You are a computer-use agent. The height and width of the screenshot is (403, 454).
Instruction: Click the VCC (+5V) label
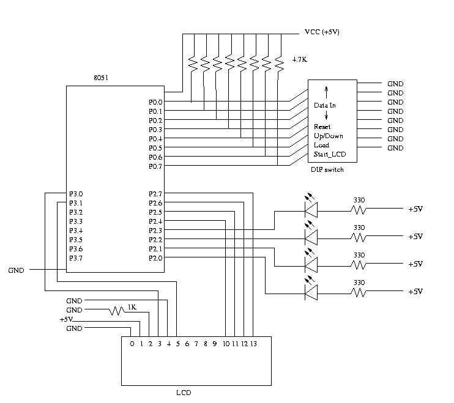321,32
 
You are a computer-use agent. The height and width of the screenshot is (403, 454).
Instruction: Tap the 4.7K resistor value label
299,60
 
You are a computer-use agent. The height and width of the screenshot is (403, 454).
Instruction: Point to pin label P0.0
155,102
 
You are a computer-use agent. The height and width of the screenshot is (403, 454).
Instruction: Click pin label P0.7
155,166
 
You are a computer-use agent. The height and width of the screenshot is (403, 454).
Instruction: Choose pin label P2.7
155,194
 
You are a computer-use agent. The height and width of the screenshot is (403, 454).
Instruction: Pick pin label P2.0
155,258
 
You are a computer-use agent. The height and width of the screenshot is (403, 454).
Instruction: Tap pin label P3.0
76,194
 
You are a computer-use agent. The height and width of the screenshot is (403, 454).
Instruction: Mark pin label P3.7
76,258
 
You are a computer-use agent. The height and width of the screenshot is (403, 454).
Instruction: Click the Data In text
325,105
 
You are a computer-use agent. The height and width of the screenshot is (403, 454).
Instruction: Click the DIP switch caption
327,169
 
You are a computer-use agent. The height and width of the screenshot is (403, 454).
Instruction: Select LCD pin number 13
253,344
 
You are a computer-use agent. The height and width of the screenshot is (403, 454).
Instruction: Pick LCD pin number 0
132,344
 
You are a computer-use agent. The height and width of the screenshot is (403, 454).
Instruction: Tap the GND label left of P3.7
17,270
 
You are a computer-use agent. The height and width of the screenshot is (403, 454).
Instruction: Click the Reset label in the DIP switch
322,127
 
